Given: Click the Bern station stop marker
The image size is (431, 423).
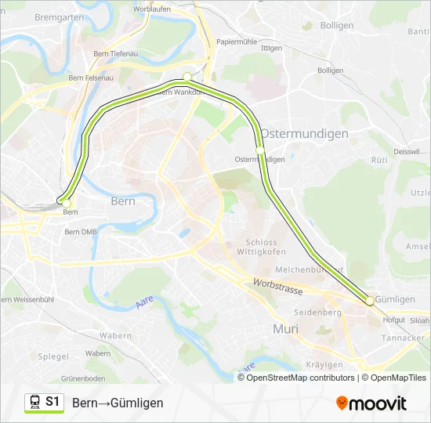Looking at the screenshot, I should (66, 203).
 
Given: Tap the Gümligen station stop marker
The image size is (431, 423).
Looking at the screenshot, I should (369, 301).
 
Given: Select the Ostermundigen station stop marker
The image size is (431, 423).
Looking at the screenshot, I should (260, 149).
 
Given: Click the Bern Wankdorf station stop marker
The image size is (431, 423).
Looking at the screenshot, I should (187, 77).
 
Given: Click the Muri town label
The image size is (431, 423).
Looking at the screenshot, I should (284, 328).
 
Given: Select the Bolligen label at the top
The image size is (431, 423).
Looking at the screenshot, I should (337, 26).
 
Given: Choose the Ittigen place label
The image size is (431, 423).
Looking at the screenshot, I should (271, 49).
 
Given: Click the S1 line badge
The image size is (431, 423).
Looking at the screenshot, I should (45, 402).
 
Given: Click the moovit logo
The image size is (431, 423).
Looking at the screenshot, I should (371, 403).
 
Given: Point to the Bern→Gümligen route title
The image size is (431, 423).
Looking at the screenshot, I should (118, 403).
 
